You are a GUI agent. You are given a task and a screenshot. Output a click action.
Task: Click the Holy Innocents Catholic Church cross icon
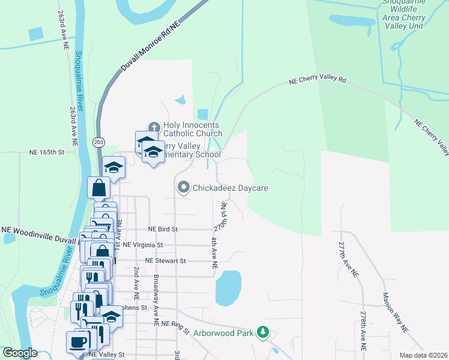point(154,127)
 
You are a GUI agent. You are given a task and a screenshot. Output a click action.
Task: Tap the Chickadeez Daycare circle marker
point(184,188)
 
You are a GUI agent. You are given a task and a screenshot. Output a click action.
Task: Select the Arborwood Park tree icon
point(262,331)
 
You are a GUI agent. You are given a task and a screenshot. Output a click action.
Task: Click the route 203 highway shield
point(98,142)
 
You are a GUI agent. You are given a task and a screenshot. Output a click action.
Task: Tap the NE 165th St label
point(46,152)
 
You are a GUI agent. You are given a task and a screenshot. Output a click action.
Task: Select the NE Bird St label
point(163,229)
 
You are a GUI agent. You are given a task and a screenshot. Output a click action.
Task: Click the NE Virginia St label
point(143,245)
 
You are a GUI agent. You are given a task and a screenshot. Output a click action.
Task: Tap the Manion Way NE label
point(394,313)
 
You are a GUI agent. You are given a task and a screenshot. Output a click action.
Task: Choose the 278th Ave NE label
point(363,331)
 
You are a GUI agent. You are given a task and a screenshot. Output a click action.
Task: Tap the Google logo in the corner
point(19,353)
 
